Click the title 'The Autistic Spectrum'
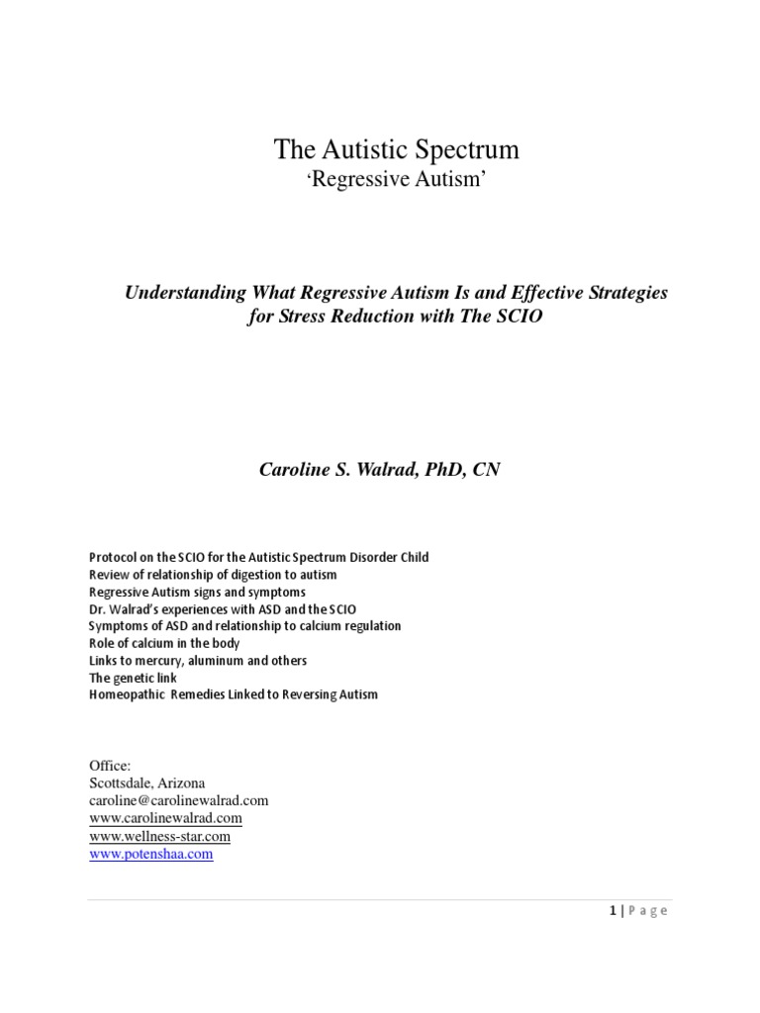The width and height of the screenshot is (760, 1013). (396, 150)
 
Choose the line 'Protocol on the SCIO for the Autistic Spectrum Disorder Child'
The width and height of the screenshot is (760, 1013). (258, 557)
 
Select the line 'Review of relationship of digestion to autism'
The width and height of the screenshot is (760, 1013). (213, 574)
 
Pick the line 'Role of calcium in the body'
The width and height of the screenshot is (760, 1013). (164, 643)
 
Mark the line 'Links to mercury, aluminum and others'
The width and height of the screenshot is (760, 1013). (198, 660)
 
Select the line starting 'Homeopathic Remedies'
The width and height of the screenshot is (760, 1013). (234, 694)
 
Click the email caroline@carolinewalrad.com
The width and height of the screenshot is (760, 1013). (179, 800)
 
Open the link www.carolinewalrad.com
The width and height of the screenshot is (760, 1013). (165, 818)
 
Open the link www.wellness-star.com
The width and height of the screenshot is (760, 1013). (159, 836)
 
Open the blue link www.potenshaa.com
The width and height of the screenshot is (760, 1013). (150, 854)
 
